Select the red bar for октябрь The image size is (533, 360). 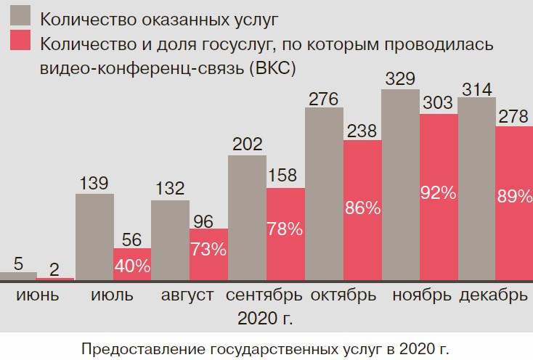coord(362,210)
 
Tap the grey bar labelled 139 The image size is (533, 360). coord(94,237)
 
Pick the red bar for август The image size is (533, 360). coord(209,254)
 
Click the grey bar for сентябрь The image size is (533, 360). coord(247,218)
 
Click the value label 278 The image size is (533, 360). coord(514,115)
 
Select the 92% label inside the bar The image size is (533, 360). coord(439,193)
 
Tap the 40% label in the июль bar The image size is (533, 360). coord(133,266)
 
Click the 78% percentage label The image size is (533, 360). coord(285,229)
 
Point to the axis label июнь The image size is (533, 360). coord(37,295)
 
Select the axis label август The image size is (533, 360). coord(189,295)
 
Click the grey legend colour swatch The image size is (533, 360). coord(22,16)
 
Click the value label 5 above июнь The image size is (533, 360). coord(18,262)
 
